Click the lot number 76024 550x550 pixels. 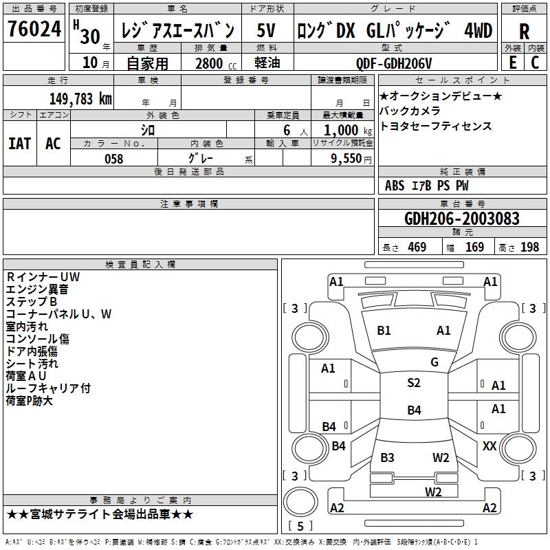click(x=34, y=28)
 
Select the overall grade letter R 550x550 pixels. click(x=524, y=32)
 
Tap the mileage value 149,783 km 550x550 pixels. click(x=80, y=99)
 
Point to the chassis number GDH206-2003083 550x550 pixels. click(x=461, y=219)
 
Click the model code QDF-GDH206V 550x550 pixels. click(x=393, y=63)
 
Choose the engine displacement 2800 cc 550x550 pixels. click(x=216, y=63)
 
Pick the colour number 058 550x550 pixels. click(x=114, y=159)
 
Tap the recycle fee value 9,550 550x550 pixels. click(x=346, y=159)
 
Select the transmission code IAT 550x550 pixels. click(x=20, y=144)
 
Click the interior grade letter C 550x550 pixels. click(x=535, y=63)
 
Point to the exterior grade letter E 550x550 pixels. click(x=513, y=63)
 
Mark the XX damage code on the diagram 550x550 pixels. click(x=489, y=445)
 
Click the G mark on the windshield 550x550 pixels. click(x=434, y=362)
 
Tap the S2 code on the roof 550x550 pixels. click(x=414, y=383)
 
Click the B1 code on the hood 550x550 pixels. click(x=384, y=331)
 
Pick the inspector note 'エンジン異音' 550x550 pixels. click(x=37, y=289)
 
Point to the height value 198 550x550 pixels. click(x=529, y=247)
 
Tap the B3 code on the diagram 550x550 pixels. click(x=387, y=457)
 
